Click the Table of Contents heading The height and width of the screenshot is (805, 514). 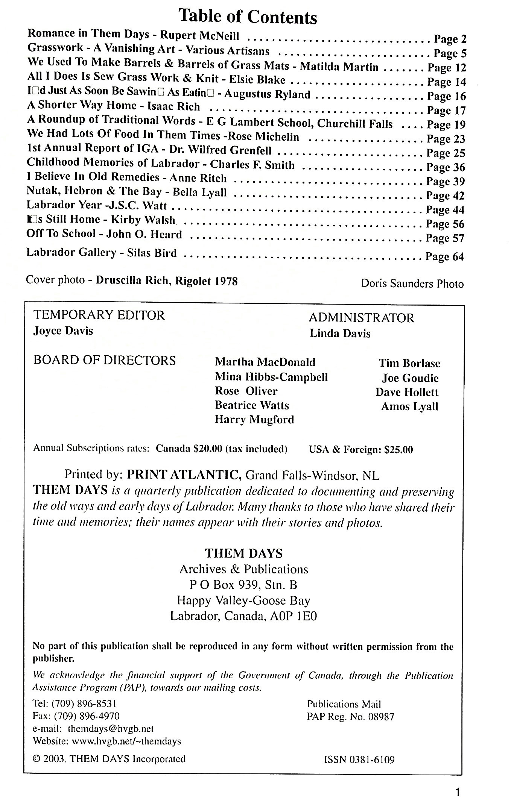tap(248, 17)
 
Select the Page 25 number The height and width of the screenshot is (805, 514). tap(446, 153)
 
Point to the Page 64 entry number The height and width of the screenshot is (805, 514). tap(444, 257)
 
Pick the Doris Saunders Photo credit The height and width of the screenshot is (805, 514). tap(412, 283)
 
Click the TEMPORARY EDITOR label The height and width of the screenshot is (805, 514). tap(99, 315)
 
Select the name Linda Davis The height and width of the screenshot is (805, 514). tap(340, 334)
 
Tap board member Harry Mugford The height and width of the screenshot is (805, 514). tap(254, 419)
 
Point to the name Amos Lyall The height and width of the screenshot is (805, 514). tap(409, 406)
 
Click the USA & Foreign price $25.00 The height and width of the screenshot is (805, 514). tap(398, 450)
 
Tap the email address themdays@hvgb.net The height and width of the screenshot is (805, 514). tap(111, 729)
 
